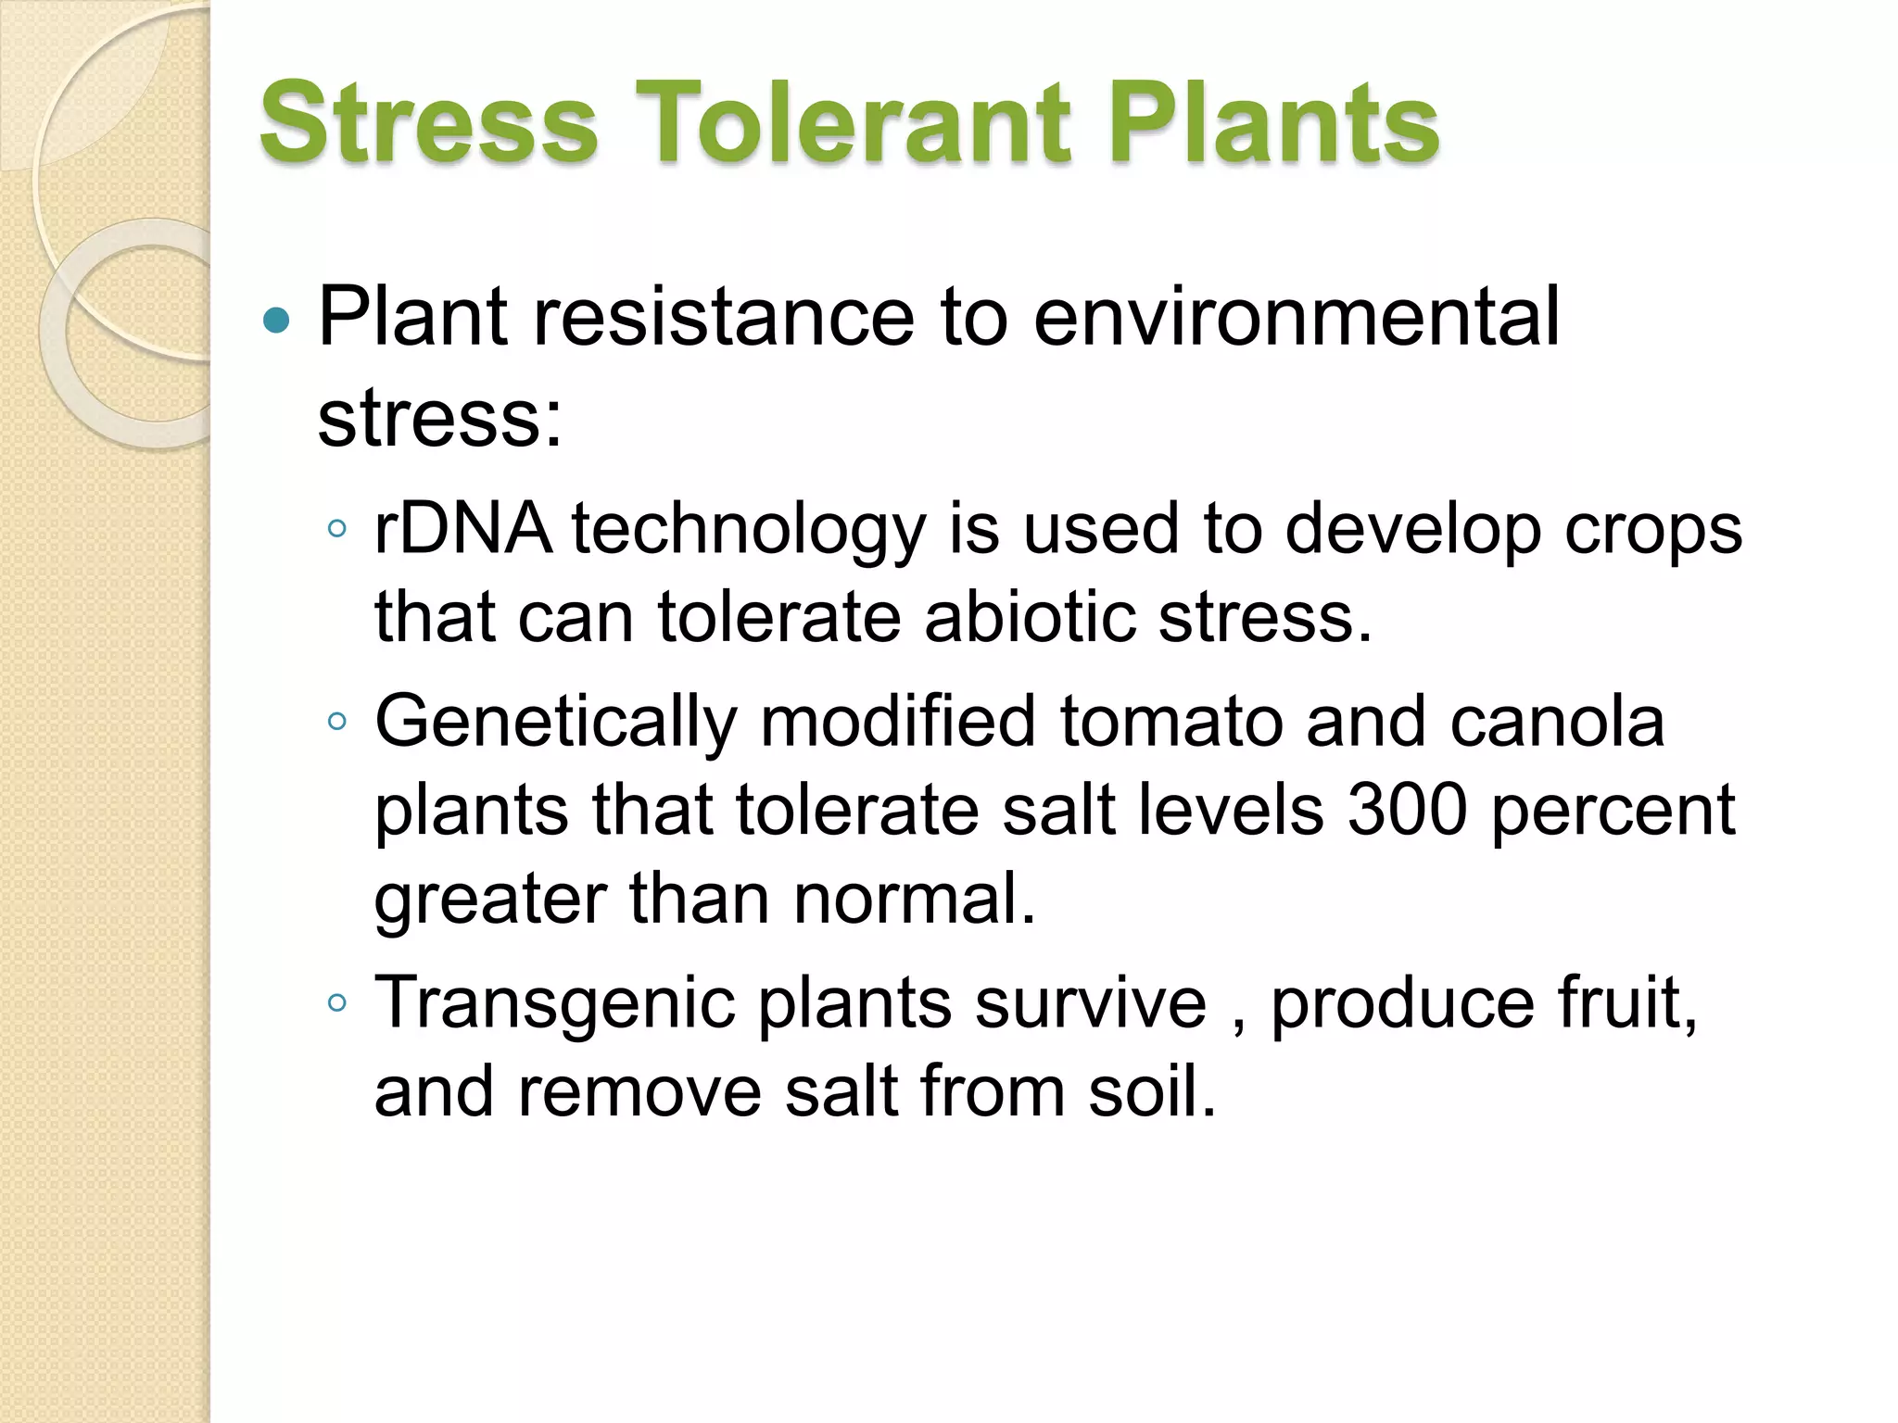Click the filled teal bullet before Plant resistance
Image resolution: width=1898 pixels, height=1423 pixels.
pyautogui.click(x=276, y=321)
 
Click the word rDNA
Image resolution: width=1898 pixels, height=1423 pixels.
pyautogui.click(x=462, y=529)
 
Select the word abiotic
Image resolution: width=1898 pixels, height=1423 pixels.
pyautogui.click(x=1030, y=617)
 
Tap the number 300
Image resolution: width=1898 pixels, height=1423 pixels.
pyautogui.click(x=1407, y=810)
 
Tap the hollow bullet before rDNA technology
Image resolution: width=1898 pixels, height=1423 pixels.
pyautogui.click(x=337, y=530)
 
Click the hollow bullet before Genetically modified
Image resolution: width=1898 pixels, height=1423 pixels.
pyautogui.click(x=337, y=721)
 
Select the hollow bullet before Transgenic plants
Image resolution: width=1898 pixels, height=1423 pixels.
pyautogui.click(x=337, y=1002)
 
